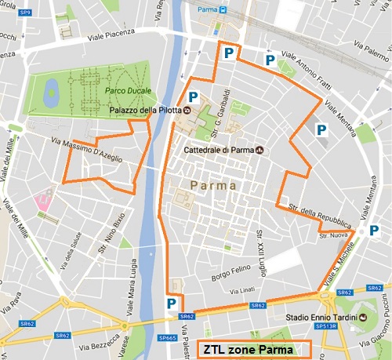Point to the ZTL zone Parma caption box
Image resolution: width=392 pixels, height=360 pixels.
click(x=253, y=349)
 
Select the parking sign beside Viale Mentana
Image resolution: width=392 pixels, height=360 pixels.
click(x=321, y=130)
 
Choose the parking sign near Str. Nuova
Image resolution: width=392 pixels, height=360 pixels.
click(x=351, y=233)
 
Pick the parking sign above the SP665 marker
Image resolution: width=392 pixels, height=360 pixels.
click(x=170, y=303)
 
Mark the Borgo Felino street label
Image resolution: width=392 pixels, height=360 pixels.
click(x=228, y=275)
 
